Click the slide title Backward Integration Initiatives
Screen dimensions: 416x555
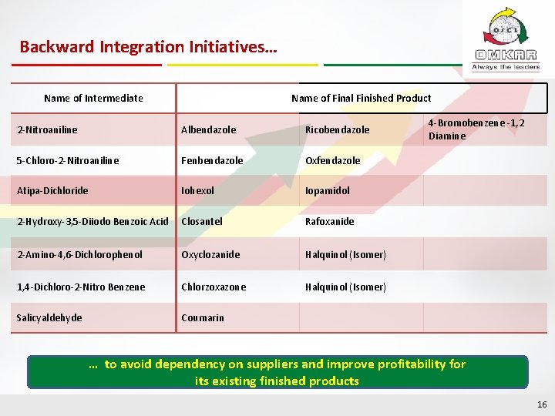click(148, 47)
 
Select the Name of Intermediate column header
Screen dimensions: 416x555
click(93, 98)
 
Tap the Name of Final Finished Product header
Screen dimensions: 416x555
click(361, 98)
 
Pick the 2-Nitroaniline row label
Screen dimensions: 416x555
click(47, 129)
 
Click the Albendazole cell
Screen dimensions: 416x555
click(208, 129)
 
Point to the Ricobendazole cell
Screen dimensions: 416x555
click(337, 129)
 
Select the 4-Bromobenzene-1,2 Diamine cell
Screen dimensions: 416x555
click(476, 129)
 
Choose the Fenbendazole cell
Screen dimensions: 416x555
click(212, 161)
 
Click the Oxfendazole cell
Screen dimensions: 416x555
click(332, 161)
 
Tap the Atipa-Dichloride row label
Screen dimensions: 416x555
click(52, 190)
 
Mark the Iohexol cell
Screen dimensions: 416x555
click(199, 190)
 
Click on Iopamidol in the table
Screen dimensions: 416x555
click(327, 190)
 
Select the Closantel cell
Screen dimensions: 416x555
click(202, 221)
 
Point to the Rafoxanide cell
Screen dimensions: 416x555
click(329, 221)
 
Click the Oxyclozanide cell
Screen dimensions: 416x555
click(210, 254)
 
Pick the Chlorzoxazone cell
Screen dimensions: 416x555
click(214, 287)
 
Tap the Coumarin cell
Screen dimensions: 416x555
click(202, 317)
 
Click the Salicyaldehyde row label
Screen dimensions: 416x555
click(49, 317)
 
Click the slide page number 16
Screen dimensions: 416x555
click(541, 404)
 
